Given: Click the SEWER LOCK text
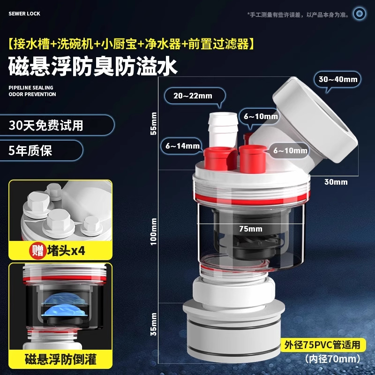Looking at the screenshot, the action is (24, 14).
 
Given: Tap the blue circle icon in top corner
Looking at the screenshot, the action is (359, 14).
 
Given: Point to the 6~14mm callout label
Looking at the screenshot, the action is (182, 146).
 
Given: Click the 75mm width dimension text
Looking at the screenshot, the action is (251, 229).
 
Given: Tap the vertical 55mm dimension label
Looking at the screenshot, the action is (153, 123).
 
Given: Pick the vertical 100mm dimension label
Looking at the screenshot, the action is (153, 232).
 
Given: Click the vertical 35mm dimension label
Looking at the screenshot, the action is (153, 324).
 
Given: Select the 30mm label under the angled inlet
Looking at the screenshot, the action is (336, 182).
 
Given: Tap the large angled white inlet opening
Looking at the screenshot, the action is (315, 120).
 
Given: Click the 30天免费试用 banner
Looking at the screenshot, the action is (57, 125).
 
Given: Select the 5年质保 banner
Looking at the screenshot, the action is (41, 150).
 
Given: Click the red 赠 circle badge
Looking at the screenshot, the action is (37, 251).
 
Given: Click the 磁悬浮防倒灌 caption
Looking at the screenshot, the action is (60, 359).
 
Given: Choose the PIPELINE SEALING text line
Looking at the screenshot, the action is (31, 88).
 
